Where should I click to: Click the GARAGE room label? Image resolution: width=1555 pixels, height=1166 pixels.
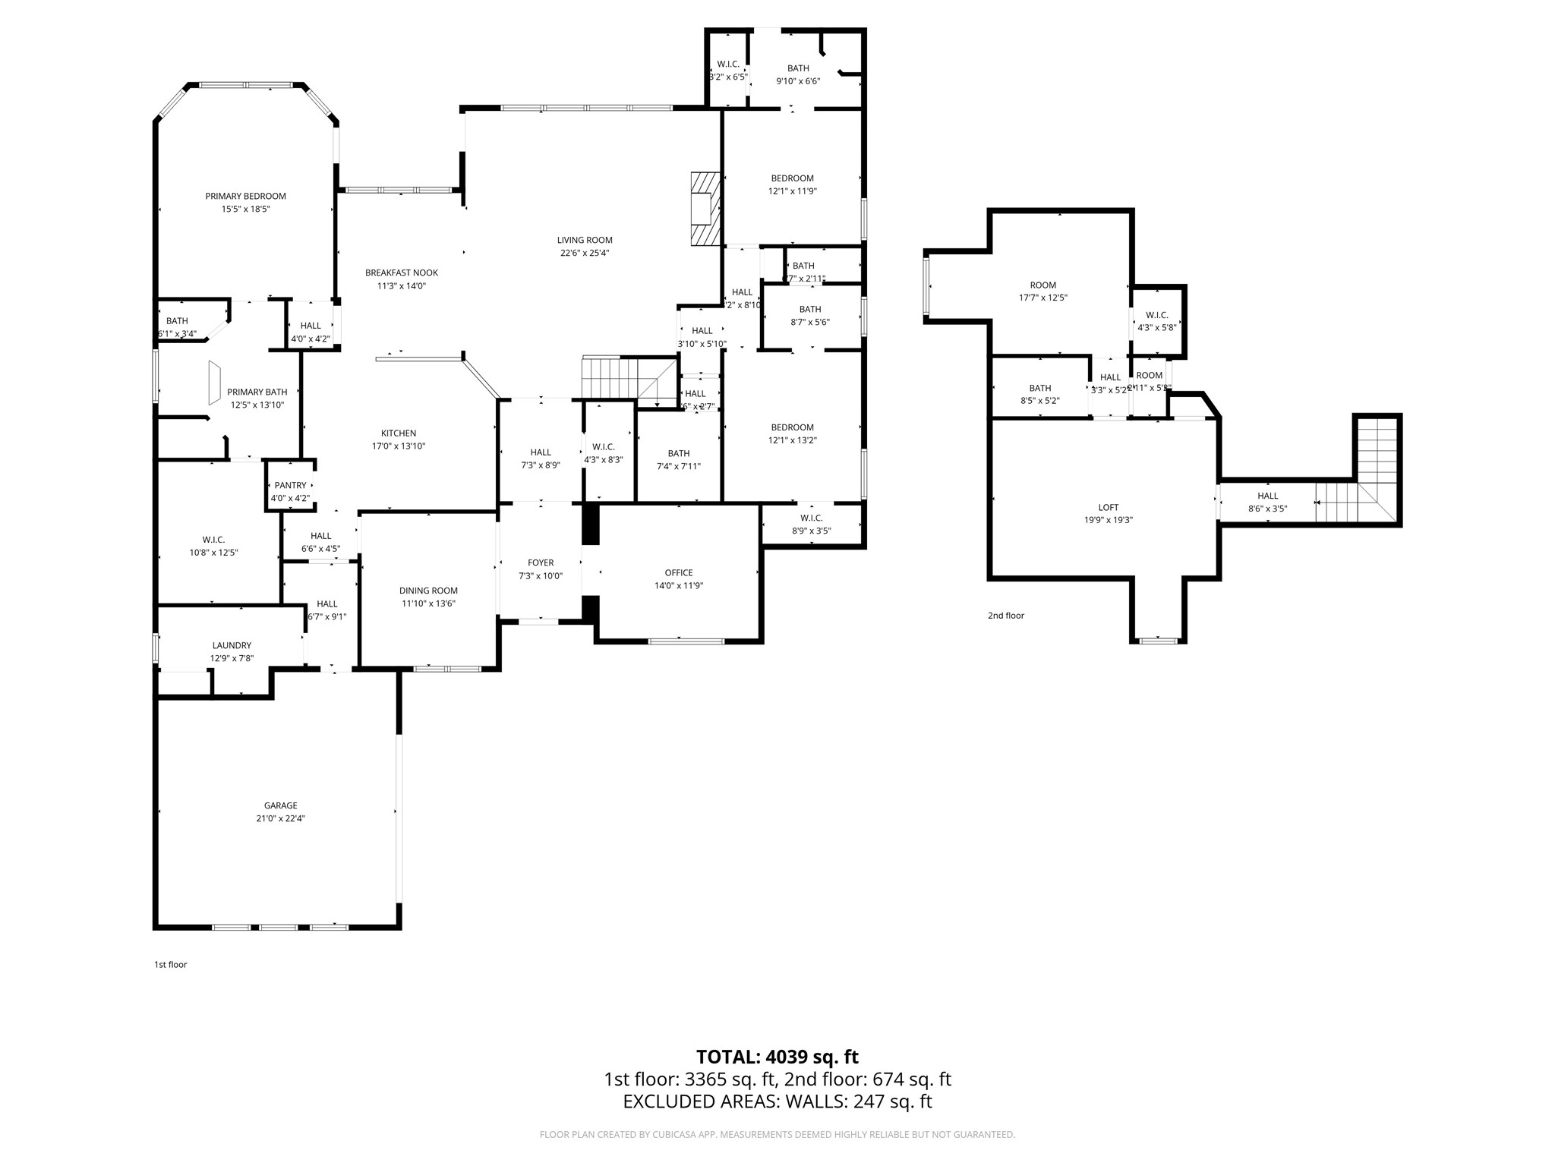point(280,805)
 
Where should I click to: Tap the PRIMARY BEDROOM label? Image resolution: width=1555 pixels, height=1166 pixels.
point(245,196)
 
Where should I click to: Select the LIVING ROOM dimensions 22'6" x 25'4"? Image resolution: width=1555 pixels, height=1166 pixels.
point(585,253)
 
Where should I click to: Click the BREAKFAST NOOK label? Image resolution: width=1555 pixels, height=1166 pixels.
point(401,273)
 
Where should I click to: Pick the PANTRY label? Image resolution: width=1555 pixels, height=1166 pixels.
point(290,485)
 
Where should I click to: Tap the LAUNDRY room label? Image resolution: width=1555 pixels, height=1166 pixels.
point(232,645)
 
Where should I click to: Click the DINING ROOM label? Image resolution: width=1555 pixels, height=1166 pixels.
point(428,591)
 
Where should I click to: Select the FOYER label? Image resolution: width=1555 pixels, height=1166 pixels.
point(541,563)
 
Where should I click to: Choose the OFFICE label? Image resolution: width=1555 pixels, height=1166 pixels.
point(678,572)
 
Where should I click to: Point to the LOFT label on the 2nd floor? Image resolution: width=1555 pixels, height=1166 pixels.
point(1108,507)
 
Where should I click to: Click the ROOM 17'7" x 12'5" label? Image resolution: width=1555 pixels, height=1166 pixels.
point(1042,285)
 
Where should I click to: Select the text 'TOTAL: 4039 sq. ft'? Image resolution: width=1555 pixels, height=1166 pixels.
point(777,1057)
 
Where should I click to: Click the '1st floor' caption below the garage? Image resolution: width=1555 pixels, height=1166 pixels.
point(170,965)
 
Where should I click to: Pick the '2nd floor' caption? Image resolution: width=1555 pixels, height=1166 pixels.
point(1005,616)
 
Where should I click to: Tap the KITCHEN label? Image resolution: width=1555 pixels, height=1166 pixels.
point(398,433)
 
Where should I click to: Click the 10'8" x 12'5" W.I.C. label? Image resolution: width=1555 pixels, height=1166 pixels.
point(213,540)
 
